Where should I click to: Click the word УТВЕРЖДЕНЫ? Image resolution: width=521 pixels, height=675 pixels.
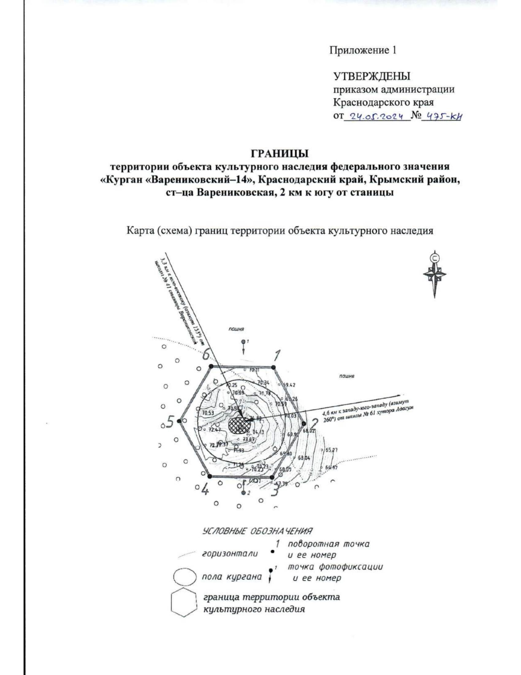pyautogui.click(x=371, y=76)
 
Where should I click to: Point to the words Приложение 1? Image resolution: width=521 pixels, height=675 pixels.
pyautogui.click(x=363, y=50)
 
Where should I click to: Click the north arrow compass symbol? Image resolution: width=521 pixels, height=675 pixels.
pyautogui.click(x=435, y=274)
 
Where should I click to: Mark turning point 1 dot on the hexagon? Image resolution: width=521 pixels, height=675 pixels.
pyautogui.click(x=274, y=367)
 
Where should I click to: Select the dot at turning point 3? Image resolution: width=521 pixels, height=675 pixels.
pyautogui.click(x=272, y=477)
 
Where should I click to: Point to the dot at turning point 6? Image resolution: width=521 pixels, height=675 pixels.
pyautogui.click(x=211, y=367)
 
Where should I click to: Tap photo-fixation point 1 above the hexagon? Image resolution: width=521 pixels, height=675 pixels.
pyautogui.click(x=244, y=342)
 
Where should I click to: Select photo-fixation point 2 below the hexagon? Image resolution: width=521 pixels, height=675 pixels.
pyautogui.click(x=244, y=492)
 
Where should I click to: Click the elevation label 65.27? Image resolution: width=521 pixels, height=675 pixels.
pyautogui.click(x=332, y=450)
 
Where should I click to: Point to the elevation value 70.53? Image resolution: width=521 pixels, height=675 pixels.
pyautogui.click(x=208, y=413)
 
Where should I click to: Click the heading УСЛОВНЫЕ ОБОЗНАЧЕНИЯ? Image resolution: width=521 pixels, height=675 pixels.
pyautogui.click(x=258, y=531)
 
